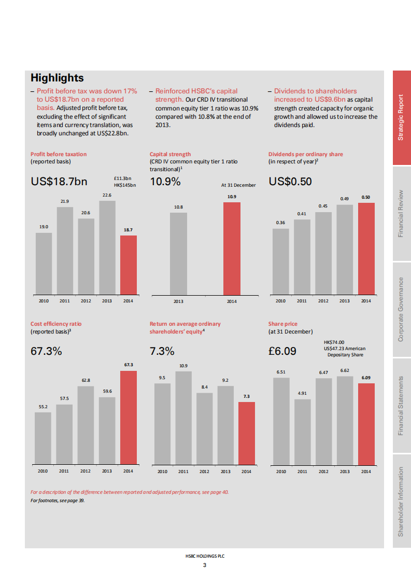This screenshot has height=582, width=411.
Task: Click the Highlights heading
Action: coord(57,78)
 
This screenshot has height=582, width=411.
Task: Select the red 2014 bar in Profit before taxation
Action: coord(129,265)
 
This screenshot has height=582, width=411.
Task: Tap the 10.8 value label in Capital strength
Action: coord(178,207)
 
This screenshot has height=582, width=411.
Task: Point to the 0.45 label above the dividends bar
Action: coord(323,206)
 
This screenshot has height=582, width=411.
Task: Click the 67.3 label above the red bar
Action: coord(129,365)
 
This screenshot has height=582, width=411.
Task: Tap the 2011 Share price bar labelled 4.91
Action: coord(302,431)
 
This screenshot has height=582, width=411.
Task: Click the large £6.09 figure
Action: coord(282,351)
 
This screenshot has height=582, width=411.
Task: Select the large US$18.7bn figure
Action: coord(59,182)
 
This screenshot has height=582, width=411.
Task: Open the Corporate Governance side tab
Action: coord(401,310)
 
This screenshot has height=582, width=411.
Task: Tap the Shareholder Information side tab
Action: coord(401,502)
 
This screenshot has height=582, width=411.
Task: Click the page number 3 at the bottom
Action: coord(205,565)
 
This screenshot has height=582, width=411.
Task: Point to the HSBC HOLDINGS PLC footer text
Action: coord(205,556)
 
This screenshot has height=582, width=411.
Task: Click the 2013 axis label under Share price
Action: coord(345,472)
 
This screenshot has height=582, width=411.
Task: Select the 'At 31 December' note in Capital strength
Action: coord(238,185)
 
